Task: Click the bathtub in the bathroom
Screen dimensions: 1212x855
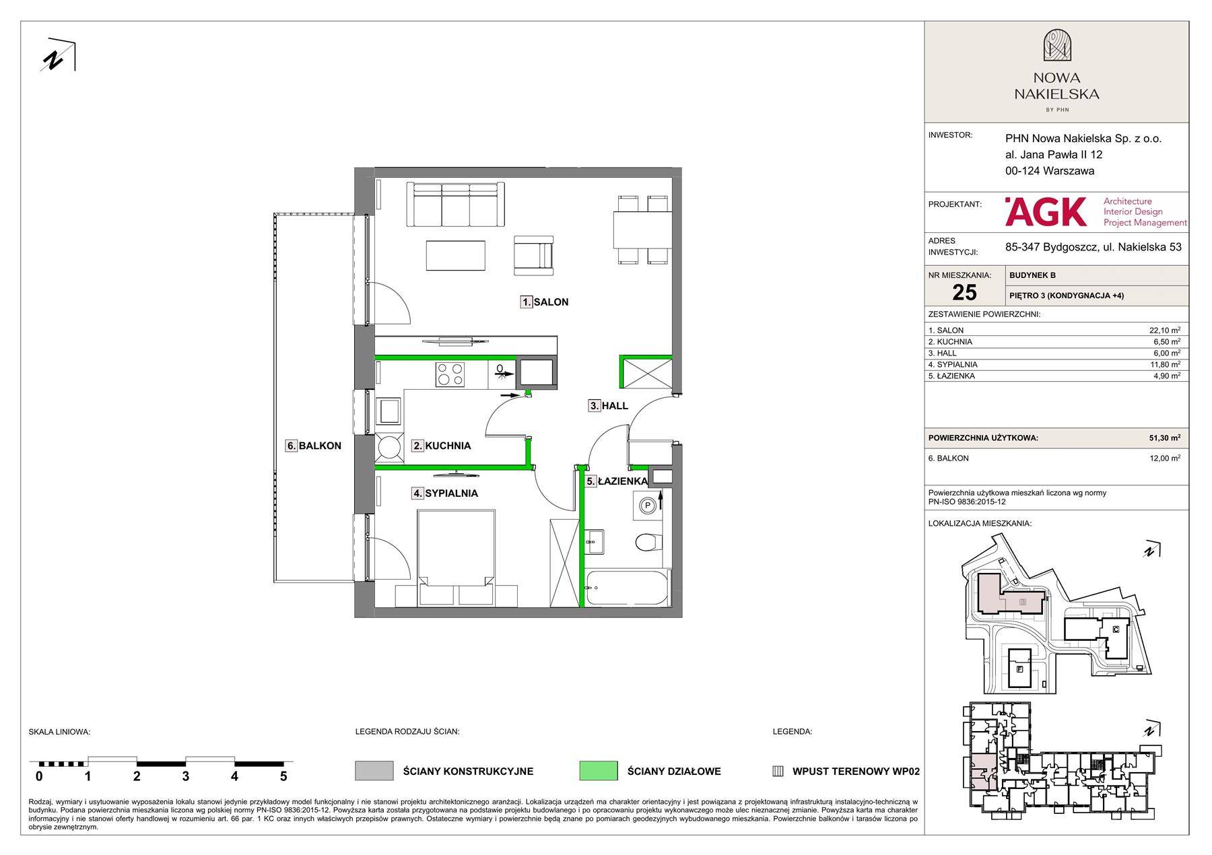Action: [x=627, y=588]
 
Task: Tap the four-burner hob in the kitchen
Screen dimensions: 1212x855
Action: [x=450, y=374]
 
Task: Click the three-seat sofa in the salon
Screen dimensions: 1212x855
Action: [x=455, y=205]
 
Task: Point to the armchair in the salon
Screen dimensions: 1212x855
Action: [x=533, y=255]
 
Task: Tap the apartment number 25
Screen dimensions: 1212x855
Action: [x=964, y=292]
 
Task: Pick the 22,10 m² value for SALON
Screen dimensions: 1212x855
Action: [x=1164, y=331]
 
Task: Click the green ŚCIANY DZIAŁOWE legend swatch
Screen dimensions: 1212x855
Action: [x=598, y=771]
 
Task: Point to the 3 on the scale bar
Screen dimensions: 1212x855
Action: [x=186, y=776]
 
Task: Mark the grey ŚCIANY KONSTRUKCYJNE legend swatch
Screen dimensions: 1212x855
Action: [x=374, y=771]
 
